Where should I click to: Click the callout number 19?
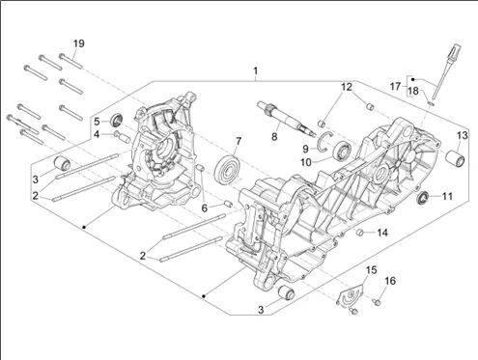coord(79,43)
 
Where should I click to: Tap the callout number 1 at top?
coord(255,70)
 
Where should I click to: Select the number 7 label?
coord(239,141)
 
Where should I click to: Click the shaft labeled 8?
coord(286,118)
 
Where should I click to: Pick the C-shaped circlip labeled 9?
coord(323,141)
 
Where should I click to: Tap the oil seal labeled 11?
coord(422,197)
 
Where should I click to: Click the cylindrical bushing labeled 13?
coord(455,158)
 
